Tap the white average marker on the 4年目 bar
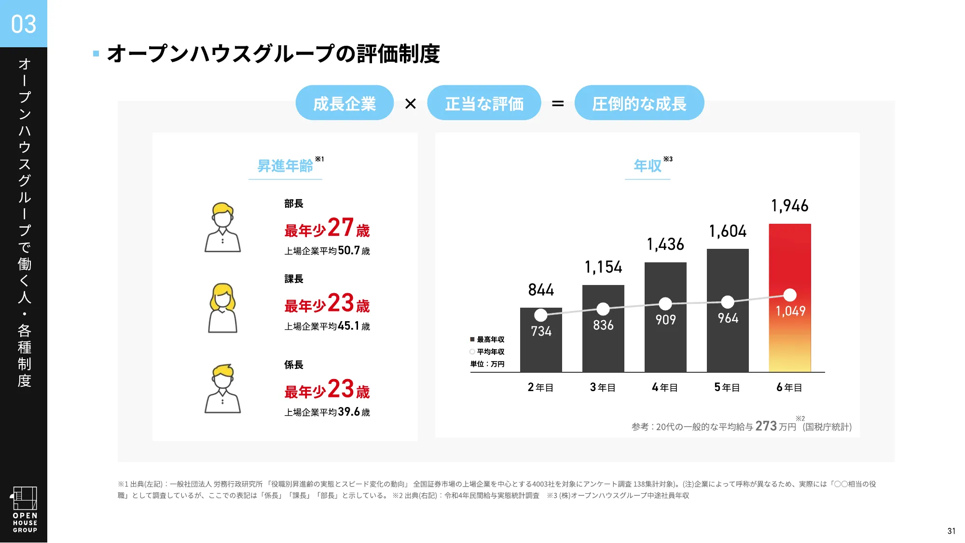[665, 304]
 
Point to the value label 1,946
[790, 206]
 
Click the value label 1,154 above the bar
[603, 267]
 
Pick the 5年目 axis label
[727, 387]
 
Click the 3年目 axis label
[603, 387]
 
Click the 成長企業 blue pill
[345, 103]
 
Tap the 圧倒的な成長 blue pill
[639, 103]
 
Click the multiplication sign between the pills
[411, 104]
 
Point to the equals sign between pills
[558, 104]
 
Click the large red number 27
[341, 227]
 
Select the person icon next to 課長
[222, 308]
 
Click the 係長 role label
[294, 365]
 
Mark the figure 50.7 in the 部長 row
[349, 250]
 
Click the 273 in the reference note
[766, 426]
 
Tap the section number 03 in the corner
[24, 24]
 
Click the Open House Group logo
[25, 509]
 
